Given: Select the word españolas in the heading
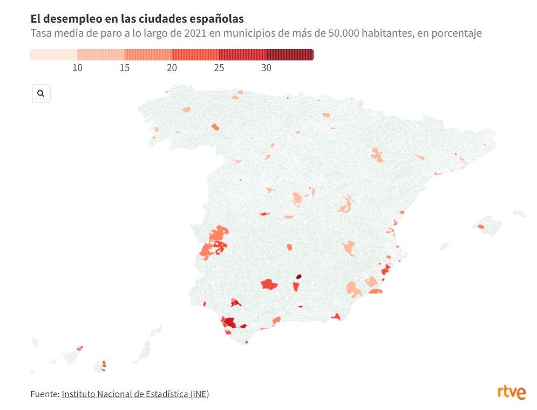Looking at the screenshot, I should click(214, 19).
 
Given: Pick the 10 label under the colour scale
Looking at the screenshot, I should click(78, 68).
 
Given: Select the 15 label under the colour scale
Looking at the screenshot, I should click(125, 68).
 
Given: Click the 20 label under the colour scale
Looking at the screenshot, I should click(172, 68).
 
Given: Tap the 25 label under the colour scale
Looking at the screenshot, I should click(219, 68).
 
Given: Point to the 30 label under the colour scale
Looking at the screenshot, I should click(266, 68).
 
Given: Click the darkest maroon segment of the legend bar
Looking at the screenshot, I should click(290, 54).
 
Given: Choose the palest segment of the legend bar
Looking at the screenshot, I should click(53, 54).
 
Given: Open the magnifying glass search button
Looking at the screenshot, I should click(41, 93).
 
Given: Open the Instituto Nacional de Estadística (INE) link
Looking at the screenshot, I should click(135, 394).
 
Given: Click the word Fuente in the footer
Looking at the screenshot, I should click(44, 394).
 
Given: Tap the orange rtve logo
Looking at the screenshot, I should click(511, 393).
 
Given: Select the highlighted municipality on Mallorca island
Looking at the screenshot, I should click(481, 227).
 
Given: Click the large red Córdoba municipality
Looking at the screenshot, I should click(268, 284).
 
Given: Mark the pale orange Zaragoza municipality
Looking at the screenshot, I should click(377, 155).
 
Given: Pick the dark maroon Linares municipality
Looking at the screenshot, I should click(298, 277).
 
